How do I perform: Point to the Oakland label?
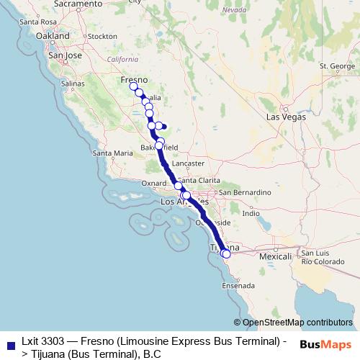tap(52, 35)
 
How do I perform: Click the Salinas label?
tap(73, 84)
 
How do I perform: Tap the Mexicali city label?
tap(274, 256)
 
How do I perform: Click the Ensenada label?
tap(238, 285)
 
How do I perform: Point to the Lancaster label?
tap(189, 164)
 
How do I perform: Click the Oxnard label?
tap(154, 184)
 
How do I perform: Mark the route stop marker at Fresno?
tap(133, 86)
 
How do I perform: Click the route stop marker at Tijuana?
tap(225, 253)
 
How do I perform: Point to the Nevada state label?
tap(234, 10)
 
